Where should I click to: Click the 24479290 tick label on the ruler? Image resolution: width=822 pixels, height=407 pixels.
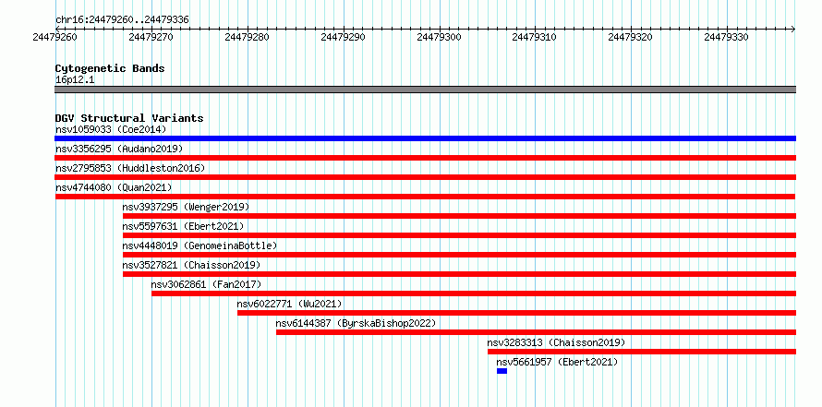click(343, 37)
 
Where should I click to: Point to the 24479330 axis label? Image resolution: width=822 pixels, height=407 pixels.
click(726, 37)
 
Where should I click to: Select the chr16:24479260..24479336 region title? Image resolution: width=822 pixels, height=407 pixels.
click(122, 20)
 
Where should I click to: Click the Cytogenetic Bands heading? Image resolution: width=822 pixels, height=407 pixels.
click(110, 68)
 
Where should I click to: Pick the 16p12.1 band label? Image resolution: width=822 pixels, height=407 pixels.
click(75, 80)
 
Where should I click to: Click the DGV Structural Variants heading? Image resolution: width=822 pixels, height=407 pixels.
click(129, 118)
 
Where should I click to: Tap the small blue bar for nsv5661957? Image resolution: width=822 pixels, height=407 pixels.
click(502, 371)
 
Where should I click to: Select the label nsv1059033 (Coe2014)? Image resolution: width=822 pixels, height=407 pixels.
click(111, 129)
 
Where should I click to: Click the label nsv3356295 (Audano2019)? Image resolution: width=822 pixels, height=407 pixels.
click(119, 149)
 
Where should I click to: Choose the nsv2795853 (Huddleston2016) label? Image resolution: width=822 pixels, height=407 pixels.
click(130, 168)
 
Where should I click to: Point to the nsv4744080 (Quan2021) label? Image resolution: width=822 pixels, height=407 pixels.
click(114, 187)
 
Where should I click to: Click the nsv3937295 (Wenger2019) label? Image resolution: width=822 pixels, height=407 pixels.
click(186, 207)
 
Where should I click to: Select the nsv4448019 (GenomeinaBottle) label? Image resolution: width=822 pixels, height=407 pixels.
click(199, 245)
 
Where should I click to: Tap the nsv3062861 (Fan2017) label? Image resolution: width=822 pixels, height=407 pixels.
click(206, 284)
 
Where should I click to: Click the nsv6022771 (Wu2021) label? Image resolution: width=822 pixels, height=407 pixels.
click(289, 304)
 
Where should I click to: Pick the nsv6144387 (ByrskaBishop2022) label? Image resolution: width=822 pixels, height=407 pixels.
click(356, 323)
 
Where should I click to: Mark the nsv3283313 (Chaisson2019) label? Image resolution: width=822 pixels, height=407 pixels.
click(556, 342)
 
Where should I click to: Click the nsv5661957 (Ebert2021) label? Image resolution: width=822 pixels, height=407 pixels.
click(557, 362)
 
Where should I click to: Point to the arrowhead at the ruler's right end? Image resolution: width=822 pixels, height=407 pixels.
click(793, 29)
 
